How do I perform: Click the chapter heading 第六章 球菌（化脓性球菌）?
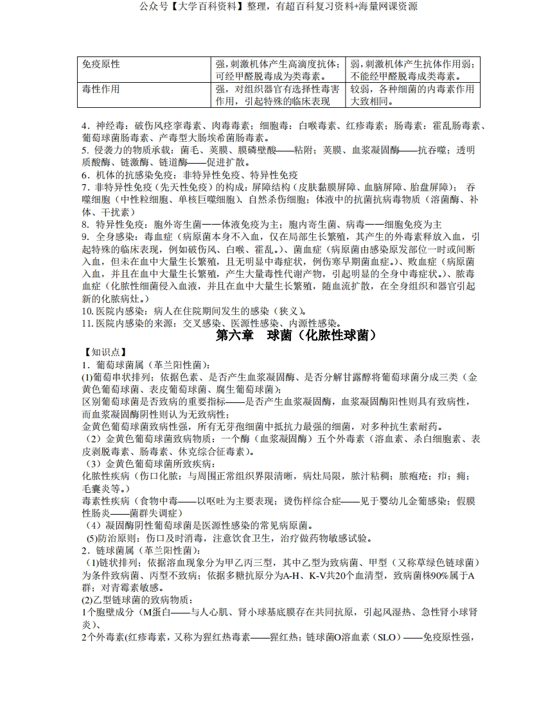(296, 336)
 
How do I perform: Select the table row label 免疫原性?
(101, 65)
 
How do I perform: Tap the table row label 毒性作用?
(101, 89)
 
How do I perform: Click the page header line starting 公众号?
(278, 7)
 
